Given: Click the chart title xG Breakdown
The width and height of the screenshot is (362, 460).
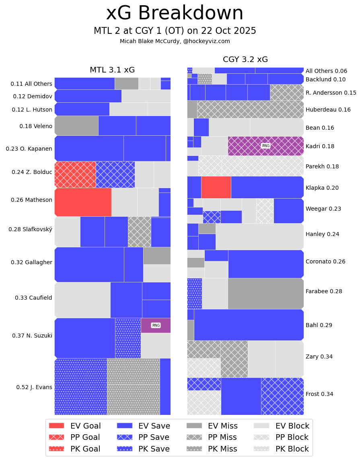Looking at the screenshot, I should click(175, 13).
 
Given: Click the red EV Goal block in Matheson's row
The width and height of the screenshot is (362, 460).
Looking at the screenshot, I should click(83, 202).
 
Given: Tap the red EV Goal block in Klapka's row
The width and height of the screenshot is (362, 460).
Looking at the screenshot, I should click(216, 187).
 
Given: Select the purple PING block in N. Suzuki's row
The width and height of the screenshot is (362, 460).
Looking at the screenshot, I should click(156, 325).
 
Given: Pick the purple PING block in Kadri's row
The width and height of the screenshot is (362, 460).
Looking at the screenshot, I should click(265, 146).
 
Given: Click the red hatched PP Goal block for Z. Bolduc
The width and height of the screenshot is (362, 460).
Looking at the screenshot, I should click(75, 174).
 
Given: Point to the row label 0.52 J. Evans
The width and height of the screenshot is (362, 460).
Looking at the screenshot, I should click(34, 387).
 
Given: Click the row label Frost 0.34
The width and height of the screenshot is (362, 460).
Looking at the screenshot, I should click(319, 394).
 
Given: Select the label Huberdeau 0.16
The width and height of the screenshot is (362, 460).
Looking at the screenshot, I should click(328, 110).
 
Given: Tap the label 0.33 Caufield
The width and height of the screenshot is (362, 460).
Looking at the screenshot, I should click(33, 298).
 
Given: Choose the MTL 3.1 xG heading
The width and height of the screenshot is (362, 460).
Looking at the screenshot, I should click(112, 70).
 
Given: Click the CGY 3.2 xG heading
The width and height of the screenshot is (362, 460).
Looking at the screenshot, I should click(245, 60).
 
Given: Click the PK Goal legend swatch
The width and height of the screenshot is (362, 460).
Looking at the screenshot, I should click(56, 449).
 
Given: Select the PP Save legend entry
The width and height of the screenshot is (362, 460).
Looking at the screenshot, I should click(143, 437).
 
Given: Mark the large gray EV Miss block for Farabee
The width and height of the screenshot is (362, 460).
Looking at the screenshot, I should click(265, 293).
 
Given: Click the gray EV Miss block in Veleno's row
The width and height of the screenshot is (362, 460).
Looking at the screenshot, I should click(76, 126).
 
